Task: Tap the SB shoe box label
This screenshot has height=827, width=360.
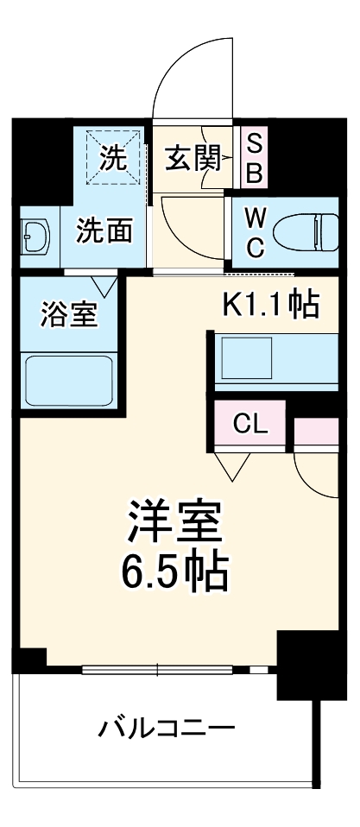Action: click(x=254, y=158)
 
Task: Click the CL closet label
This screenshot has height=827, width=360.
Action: click(x=252, y=424)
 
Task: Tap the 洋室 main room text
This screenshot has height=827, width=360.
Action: click(x=177, y=521)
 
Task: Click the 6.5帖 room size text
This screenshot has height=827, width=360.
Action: click(x=177, y=569)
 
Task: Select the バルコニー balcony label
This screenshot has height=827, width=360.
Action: click(x=166, y=727)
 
